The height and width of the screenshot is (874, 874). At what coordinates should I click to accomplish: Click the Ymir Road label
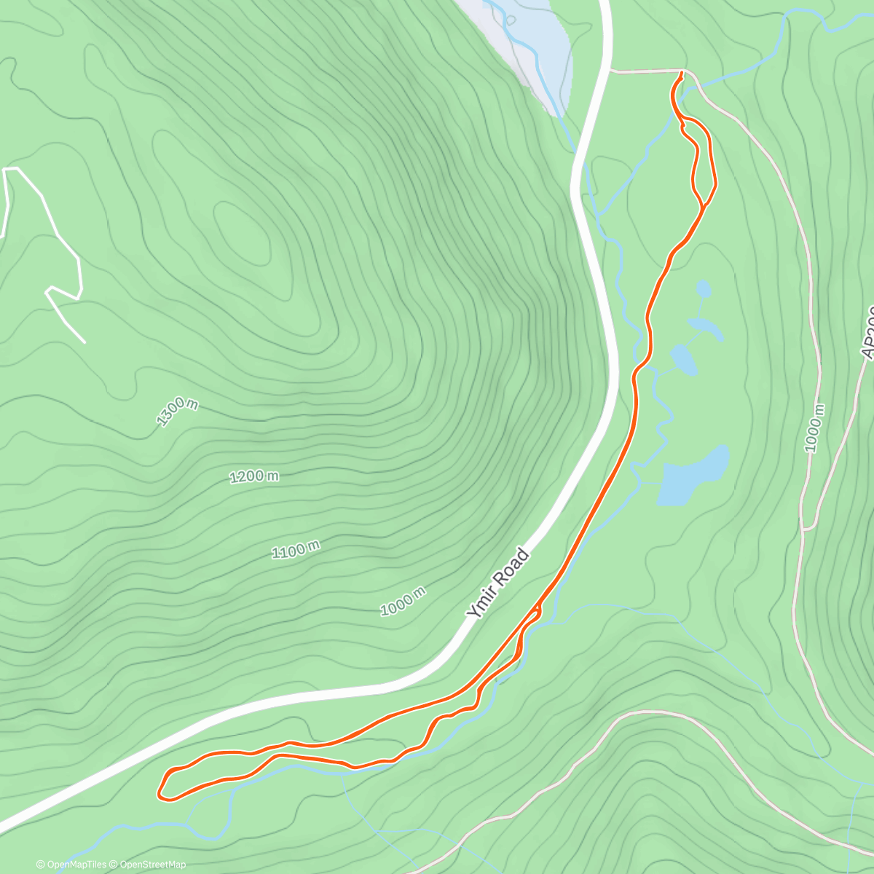[499, 584]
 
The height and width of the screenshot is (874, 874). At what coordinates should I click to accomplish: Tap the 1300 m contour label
[176, 412]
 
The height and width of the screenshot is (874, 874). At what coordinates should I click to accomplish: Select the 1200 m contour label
[254, 477]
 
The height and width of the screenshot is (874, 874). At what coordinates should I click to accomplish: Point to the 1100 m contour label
[296, 550]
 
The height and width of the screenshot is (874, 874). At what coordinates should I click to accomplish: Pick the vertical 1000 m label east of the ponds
[815, 428]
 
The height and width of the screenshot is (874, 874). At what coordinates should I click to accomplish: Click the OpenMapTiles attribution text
[71, 865]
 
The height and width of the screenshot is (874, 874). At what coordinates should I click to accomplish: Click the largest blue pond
[692, 477]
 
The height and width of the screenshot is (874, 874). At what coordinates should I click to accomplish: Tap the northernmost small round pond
[703, 289]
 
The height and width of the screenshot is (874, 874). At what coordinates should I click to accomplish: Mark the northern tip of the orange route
[682, 73]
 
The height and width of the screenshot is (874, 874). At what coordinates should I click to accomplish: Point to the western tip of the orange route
[160, 792]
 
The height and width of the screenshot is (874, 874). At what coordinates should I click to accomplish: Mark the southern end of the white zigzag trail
[84, 342]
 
